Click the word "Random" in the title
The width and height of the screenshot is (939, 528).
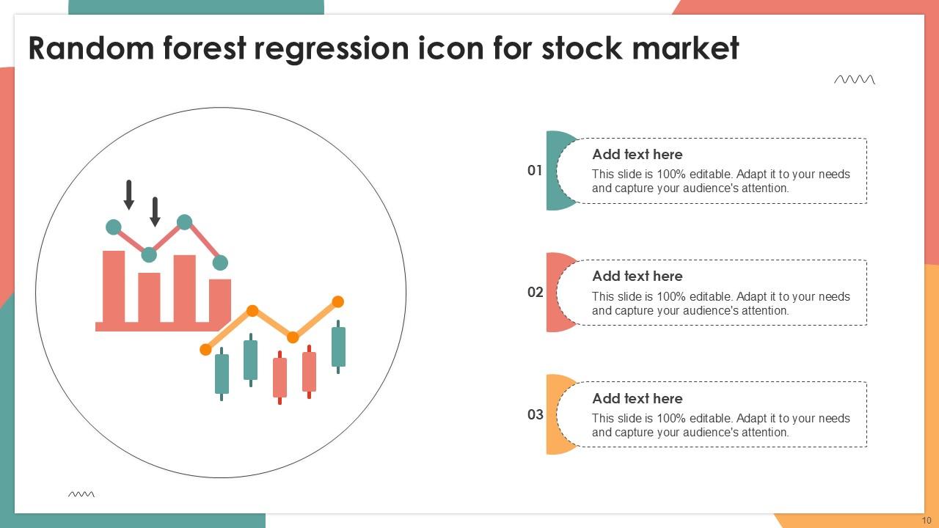pyautogui.click(x=92, y=48)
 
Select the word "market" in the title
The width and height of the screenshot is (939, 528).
pyautogui.click(x=685, y=48)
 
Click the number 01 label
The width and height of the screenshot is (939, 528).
pyautogui.click(x=535, y=170)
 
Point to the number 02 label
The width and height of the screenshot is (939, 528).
pyautogui.click(x=535, y=292)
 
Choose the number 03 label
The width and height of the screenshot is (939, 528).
pyautogui.click(x=535, y=414)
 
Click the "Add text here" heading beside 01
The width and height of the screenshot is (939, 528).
pyautogui.click(x=637, y=154)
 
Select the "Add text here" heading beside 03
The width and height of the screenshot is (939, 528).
pyautogui.click(x=637, y=398)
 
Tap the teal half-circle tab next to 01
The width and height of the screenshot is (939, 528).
pyautogui.click(x=552, y=171)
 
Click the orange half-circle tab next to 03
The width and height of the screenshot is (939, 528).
pyautogui.click(x=552, y=414)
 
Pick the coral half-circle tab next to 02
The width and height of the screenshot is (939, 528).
pyautogui.click(x=552, y=292)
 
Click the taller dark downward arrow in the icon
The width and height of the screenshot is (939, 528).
pyautogui.click(x=129, y=195)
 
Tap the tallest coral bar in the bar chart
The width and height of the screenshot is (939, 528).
pyautogui.click(x=114, y=287)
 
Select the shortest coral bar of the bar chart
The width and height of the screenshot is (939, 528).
pyautogui.click(x=219, y=301)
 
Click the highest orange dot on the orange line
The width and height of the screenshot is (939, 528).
pyautogui.click(x=338, y=301)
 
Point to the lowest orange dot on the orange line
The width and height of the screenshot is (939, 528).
pyautogui.click(x=205, y=350)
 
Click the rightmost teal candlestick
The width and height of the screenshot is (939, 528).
pyautogui.click(x=338, y=347)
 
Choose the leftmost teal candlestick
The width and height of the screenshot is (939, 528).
pyautogui.click(x=222, y=374)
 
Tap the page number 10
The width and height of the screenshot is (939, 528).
pyautogui.click(x=927, y=521)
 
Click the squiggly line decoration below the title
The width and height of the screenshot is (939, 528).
pyautogui.click(x=855, y=80)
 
